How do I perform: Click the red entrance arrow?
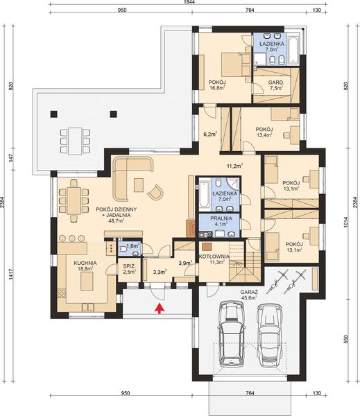click(160, 309)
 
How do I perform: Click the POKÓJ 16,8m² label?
click(218, 85)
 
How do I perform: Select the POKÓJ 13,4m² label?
click(264, 132)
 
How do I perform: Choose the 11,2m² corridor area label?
click(234, 166)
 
